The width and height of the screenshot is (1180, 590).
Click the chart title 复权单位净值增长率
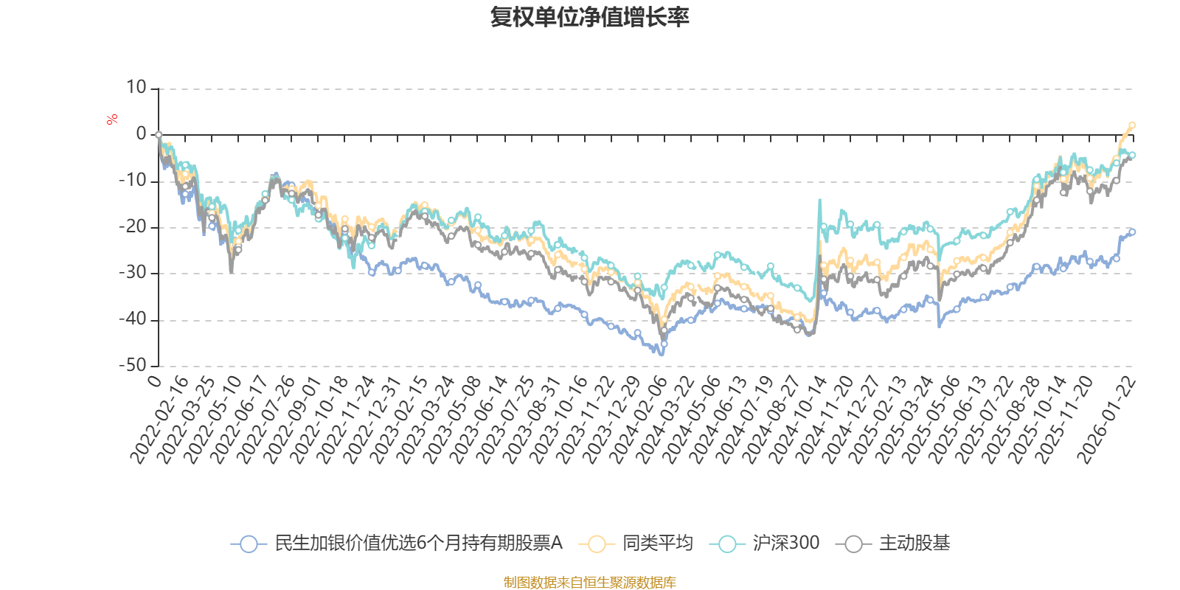pos(589,18)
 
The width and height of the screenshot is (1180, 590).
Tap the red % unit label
pos(112,119)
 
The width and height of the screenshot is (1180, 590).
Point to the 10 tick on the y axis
pos(136,88)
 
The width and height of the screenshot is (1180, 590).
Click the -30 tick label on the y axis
pos(133,273)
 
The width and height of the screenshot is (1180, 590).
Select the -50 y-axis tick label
pos(133,365)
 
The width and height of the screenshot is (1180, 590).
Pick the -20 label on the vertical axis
pos(133,226)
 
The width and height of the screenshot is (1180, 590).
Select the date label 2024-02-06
pos(637,420)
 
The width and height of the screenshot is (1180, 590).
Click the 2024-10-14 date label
pos(796,420)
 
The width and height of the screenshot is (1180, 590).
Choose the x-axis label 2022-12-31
pos(372,420)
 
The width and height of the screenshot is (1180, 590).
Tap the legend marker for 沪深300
pos(727,544)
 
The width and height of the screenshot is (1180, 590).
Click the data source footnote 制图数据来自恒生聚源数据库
pos(589,583)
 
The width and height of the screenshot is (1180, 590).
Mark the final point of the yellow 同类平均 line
pos(1133,125)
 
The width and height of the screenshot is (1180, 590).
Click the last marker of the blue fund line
pos(1133,232)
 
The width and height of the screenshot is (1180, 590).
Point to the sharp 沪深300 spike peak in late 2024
pos(819,200)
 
